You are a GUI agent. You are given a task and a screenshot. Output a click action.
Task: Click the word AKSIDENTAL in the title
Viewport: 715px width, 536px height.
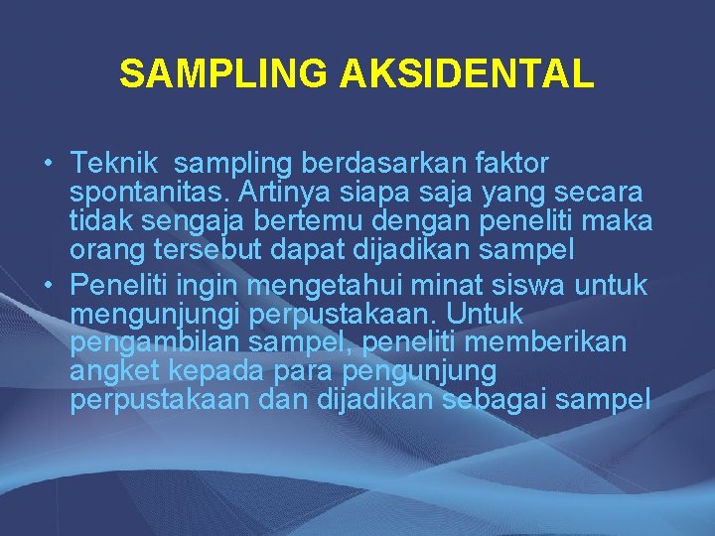point(467,73)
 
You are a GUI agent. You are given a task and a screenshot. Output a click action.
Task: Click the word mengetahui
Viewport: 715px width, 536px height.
point(328,287)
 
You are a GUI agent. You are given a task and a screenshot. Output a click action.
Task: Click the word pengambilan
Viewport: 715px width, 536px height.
point(151,343)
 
